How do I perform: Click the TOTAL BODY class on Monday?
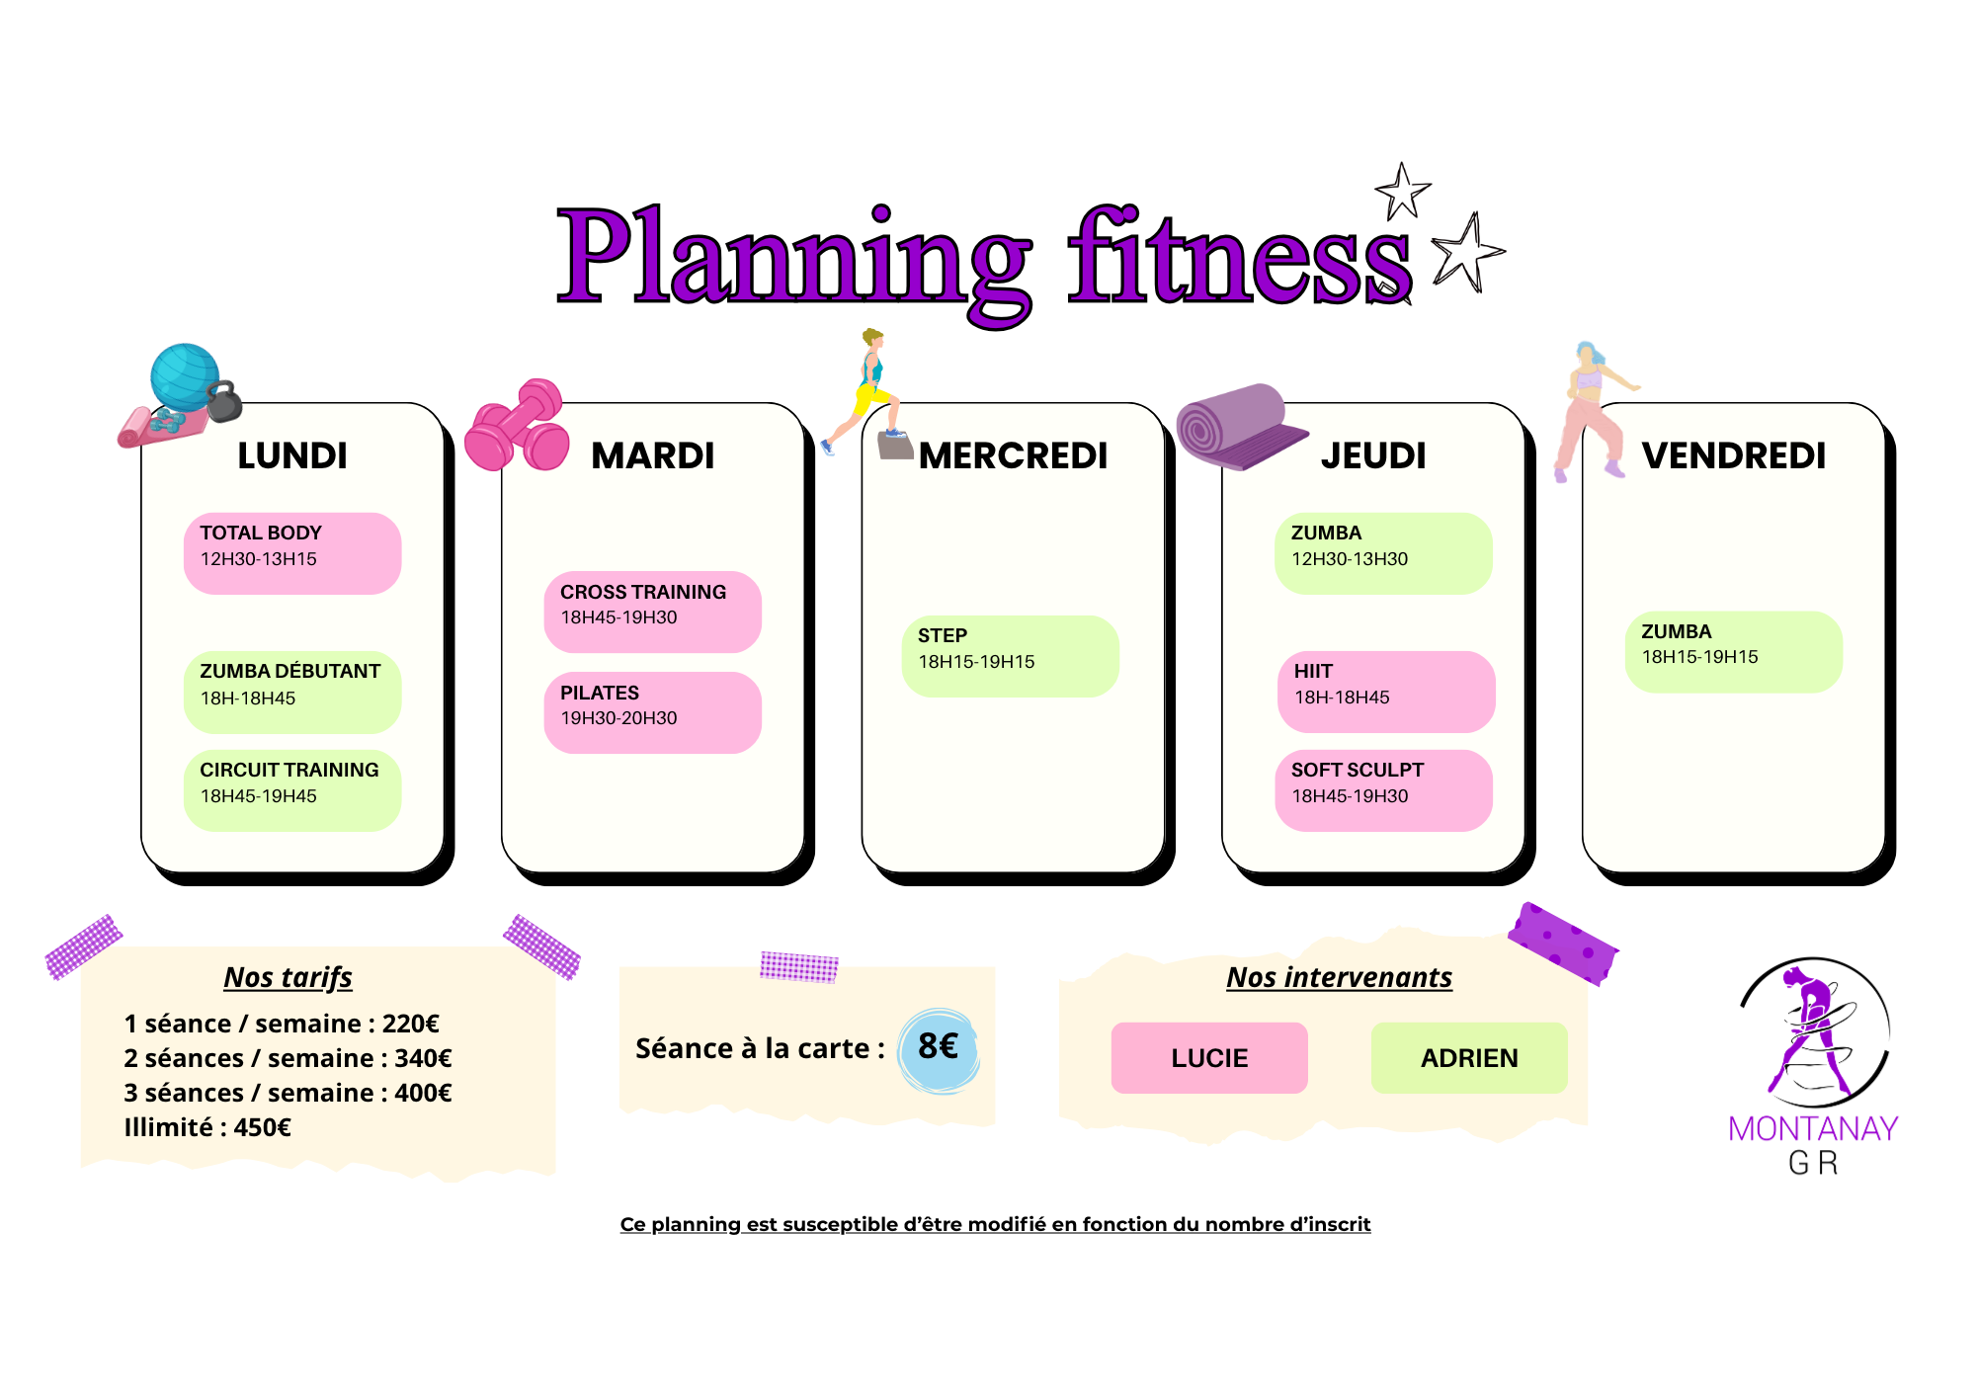[x=292, y=553]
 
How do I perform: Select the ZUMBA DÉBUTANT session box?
[x=292, y=692]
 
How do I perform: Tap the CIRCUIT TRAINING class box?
[x=292, y=790]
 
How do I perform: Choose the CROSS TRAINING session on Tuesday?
[x=652, y=612]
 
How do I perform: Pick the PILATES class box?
[x=652, y=712]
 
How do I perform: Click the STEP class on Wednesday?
[x=1010, y=656]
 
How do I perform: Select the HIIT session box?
[x=1386, y=692]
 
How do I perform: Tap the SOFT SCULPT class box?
[x=1383, y=790]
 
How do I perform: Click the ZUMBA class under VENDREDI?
[x=1734, y=652]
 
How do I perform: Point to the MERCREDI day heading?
[x=1014, y=455]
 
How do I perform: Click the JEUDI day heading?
[x=1373, y=455]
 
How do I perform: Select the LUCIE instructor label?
[x=1209, y=1058]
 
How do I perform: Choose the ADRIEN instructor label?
[x=1469, y=1058]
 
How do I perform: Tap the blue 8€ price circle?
[x=939, y=1050]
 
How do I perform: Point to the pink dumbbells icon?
[x=517, y=426]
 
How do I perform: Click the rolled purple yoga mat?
[x=1241, y=426]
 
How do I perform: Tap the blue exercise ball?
[x=184, y=376]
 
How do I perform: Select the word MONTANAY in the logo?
[x=1813, y=1128]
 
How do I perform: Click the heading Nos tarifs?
[x=288, y=977]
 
